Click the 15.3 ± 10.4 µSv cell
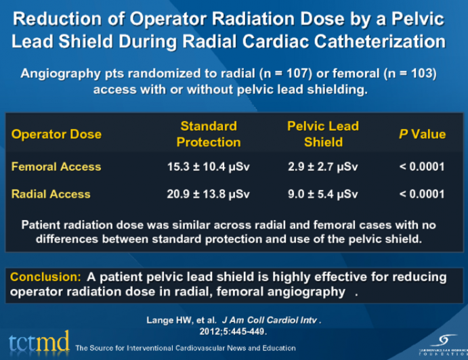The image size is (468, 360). click(208, 166)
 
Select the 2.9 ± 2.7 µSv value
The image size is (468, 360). click(323, 166)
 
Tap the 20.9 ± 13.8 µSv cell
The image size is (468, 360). click(208, 194)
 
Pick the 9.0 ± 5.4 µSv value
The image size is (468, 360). click(323, 194)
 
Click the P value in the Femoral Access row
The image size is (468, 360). click(422, 166)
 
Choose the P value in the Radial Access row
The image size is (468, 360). click(422, 194)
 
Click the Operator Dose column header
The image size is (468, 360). click(56, 134)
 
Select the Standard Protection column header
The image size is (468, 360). click(208, 134)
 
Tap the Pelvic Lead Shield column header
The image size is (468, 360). click(323, 134)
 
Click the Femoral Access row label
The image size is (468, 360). click(56, 166)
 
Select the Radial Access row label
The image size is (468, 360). click(51, 194)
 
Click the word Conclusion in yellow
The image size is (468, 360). click(45, 277)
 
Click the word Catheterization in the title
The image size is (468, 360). click(379, 41)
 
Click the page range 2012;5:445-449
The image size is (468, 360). click(234, 332)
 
